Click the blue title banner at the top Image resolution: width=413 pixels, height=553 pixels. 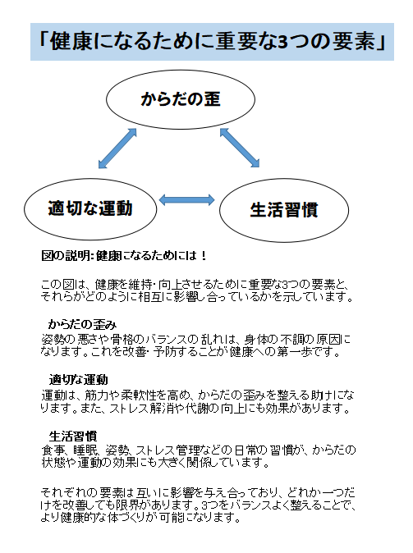point(212,42)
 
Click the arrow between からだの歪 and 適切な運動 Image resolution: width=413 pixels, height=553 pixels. point(117,149)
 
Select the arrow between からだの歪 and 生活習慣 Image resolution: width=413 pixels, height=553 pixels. point(240,148)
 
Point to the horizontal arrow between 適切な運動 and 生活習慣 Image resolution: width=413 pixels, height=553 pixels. point(186,199)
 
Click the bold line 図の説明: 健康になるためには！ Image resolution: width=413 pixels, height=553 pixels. point(124,256)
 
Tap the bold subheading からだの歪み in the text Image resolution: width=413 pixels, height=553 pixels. point(82,324)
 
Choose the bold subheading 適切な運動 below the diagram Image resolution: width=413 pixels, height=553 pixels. point(78,380)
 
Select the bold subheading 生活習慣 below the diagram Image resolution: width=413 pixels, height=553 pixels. point(73,436)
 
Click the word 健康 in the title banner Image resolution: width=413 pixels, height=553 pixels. point(71,42)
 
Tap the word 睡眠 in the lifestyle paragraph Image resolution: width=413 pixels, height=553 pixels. point(83,450)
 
